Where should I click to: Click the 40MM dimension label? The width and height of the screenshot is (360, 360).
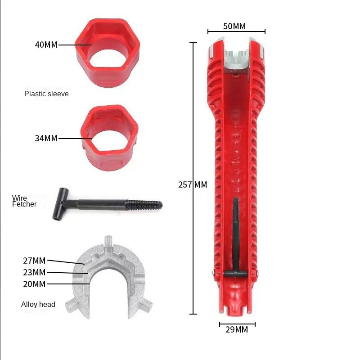[46, 45]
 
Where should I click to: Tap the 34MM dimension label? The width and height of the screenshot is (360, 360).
[46, 138]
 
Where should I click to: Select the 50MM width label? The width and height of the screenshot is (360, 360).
[234, 26]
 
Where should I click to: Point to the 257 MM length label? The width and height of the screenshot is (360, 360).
[193, 184]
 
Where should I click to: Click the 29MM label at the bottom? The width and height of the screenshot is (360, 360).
[237, 330]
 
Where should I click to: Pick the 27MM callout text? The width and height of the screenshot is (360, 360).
[34, 261]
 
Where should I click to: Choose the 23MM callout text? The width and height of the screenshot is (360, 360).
[34, 272]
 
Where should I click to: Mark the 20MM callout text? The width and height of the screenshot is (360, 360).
[34, 284]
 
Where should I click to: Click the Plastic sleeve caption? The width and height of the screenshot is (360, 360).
[46, 94]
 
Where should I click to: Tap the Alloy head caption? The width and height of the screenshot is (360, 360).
[38, 305]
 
